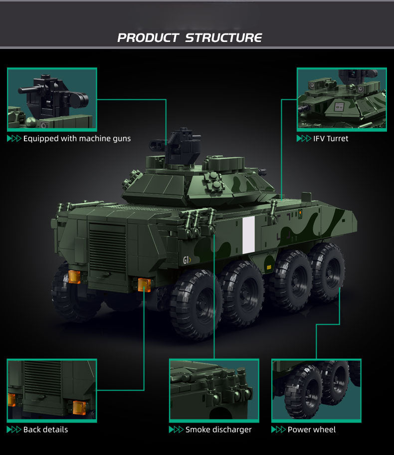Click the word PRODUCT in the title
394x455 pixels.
pyautogui.click(x=148, y=38)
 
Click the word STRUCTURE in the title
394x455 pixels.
pyautogui.click(x=223, y=38)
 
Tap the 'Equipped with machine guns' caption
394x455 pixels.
pyautogui.click(x=77, y=139)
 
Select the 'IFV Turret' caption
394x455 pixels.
pyautogui.click(x=331, y=139)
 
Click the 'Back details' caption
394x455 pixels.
pyautogui.click(x=45, y=430)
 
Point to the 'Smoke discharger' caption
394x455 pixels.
pyautogui.click(x=218, y=430)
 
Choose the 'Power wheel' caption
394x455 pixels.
pyautogui.click(x=312, y=430)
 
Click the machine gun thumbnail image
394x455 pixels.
pyautogui.click(x=52, y=99)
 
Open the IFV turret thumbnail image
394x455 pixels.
pyautogui.click(x=342, y=99)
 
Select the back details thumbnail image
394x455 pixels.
pyautogui.click(x=52, y=391)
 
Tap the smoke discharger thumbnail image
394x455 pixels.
pyautogui.click(x=214, y=391)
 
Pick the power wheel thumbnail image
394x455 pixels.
pyautogui.click(x=316, y=391)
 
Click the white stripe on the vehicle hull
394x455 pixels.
pyautogui.click(x=248, y=235)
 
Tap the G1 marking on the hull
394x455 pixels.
pyautogui.click(x=187, y=260)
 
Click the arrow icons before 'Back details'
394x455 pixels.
pyautogui.click(x=14, y=430)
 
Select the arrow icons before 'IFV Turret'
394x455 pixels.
pyautogui.click(x=304, y=138)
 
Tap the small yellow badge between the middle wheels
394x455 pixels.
pyautogui.click(x=269, y=267)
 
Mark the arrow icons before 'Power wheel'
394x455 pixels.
pyautogui.click(x=278, y=430)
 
